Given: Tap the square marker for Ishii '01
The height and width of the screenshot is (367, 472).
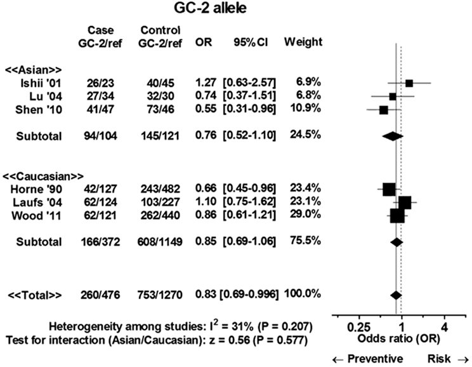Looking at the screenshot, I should point(409,83).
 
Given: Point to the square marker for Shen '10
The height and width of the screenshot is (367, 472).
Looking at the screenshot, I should point(383,109).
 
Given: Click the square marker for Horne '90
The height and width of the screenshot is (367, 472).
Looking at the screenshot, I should point(389,189).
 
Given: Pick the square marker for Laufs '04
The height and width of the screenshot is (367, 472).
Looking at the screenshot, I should point(405,203).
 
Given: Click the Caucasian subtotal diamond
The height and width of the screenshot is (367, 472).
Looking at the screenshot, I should point(397,242).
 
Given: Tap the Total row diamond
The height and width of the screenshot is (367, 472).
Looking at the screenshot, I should point(395,295).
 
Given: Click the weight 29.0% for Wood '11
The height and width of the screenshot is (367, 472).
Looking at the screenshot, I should point(305,217).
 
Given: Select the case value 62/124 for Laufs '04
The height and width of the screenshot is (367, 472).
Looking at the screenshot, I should point(101,203).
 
